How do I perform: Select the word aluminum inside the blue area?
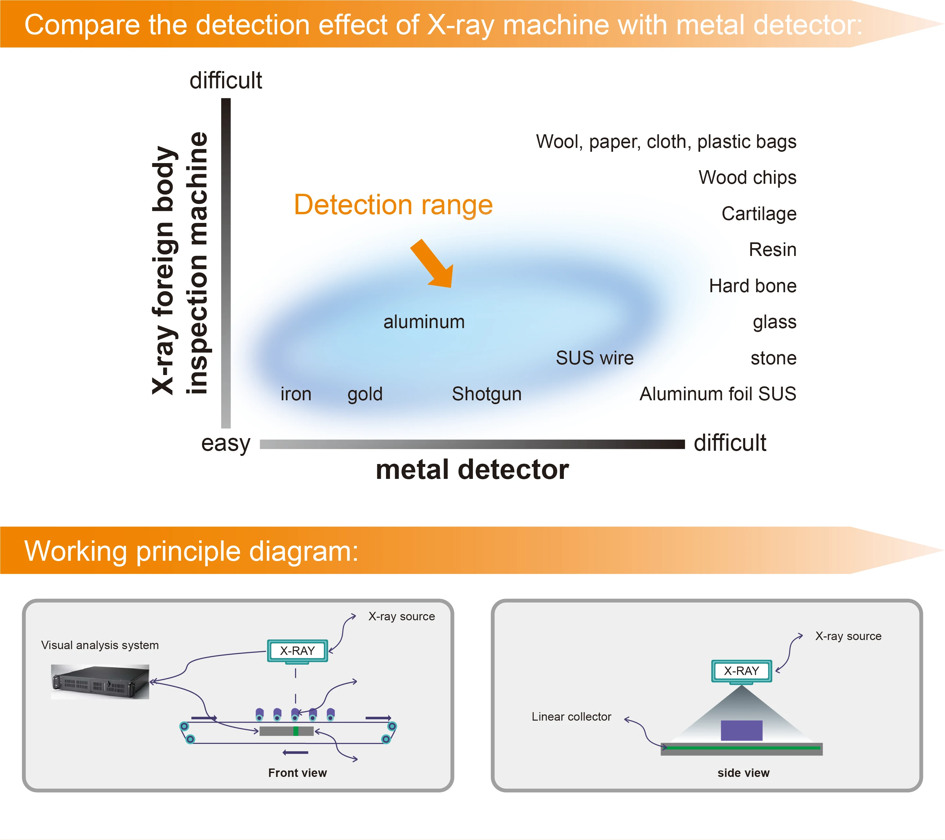point(424,322)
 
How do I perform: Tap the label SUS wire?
point(595,358)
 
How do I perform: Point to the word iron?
point(296,394)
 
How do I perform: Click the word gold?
point(365,394)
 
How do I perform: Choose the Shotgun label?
point(486,394)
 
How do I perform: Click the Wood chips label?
point(747,177)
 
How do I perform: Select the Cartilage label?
point(759,214)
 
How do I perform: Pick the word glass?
point(774,322)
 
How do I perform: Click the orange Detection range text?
point(393,205)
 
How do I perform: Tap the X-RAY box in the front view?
point(297,651)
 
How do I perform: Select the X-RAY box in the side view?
point(741,671)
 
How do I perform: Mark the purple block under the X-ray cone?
point(741,730)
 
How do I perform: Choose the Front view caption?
point(297,773)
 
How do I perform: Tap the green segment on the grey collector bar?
point(295,731)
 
